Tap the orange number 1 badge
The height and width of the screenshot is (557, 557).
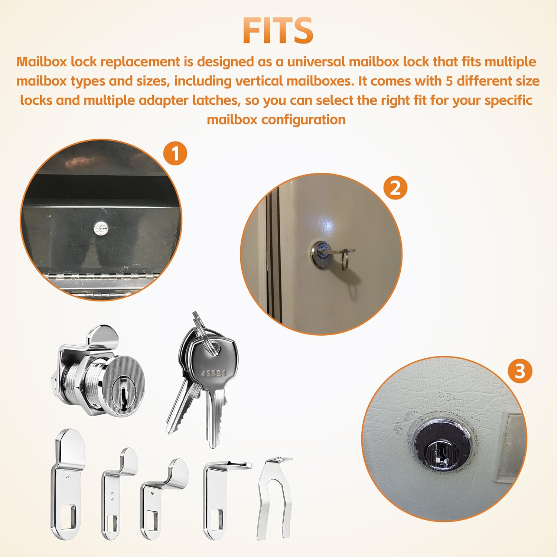coord(175,153)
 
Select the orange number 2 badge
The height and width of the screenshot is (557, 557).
coord(395,188)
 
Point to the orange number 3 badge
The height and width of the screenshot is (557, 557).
coord(520,371)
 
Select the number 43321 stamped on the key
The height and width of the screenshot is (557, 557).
coord(214,373)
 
